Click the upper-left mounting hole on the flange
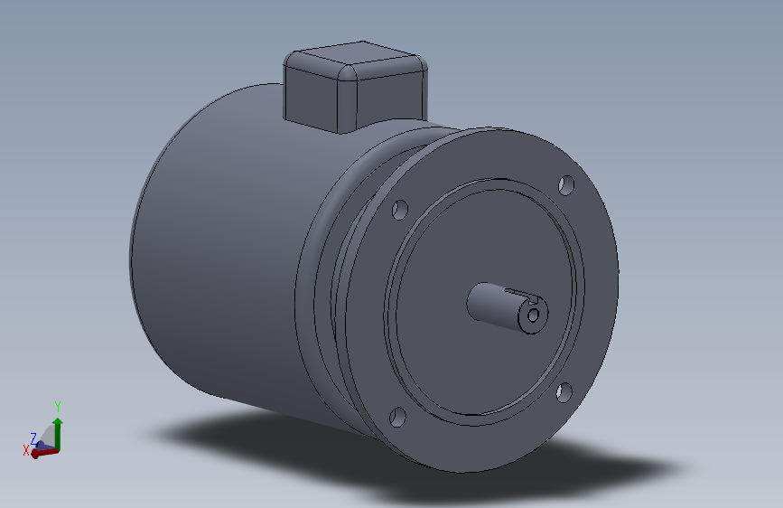tap(400, 210)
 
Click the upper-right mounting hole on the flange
tap(566, 186)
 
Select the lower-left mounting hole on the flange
tap(397, 418)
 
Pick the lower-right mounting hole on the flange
tap(564, 391)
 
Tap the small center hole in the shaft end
tap(534, 315)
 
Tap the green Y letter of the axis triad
tap(57, 407)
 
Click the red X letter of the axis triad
tap(25, 449)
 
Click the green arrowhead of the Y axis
tap(57, 421)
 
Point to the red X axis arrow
tap(42, 453)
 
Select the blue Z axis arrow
tap(42, 445)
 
